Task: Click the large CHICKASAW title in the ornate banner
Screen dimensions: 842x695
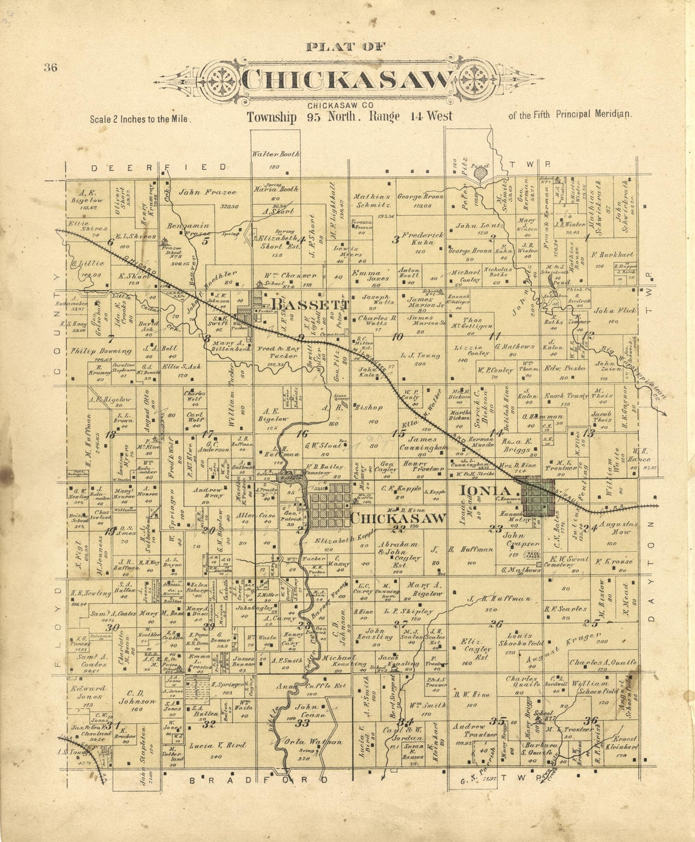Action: [x=348, y=80]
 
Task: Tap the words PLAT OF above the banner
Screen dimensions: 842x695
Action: [x=345, y=46]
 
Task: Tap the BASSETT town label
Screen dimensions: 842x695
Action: [x=305, y=304]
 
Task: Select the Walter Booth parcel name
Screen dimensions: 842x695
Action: [x=275, y=153]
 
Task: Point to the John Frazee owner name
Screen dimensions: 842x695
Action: [x=198, y=192]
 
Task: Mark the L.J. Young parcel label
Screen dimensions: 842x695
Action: [x=416, y=356]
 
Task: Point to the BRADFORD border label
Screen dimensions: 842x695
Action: [x=259, y=779]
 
